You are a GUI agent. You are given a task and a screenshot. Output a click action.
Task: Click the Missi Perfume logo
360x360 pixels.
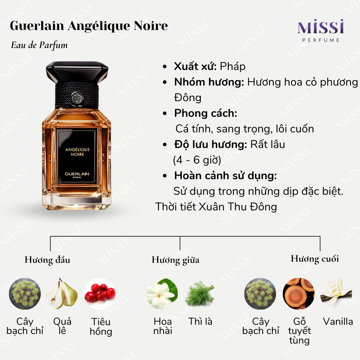(321, 31)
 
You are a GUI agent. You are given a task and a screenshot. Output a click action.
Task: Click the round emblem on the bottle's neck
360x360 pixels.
(77, 98)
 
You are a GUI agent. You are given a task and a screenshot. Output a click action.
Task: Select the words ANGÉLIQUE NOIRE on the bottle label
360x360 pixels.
(77, 152)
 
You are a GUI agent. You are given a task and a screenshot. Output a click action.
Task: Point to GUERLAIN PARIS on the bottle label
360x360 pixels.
(77, 175)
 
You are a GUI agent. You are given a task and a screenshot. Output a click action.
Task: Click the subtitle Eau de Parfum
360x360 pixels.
(39, 45)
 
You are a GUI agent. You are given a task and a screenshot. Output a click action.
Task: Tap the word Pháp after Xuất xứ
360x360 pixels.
(232, 66)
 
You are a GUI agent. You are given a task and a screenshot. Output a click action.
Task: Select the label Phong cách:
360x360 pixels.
(206, 113)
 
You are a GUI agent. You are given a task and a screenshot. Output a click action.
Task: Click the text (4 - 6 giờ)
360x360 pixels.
(197, 160)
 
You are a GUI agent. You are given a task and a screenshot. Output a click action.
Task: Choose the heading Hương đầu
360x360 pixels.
(47, 260)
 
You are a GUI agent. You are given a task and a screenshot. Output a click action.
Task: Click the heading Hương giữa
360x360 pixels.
(176, 260)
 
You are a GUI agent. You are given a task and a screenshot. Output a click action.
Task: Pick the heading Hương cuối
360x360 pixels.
(315, 259)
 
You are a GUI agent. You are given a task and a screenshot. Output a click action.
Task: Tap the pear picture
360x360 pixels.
(62, 294)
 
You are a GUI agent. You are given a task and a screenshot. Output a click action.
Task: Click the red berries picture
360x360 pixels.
(100, 294)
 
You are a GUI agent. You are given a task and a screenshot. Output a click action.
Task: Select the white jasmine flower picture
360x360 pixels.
(162, 294)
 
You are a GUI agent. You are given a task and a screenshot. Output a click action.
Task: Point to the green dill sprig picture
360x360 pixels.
(200, 294)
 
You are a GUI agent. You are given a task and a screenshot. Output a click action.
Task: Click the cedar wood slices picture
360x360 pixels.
(298, 294)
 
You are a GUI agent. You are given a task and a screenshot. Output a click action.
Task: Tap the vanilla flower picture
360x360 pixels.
(336, 293)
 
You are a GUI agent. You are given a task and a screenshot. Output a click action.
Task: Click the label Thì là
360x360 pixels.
(200, 322)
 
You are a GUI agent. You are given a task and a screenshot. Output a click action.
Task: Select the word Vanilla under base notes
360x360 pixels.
(338, 322)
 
